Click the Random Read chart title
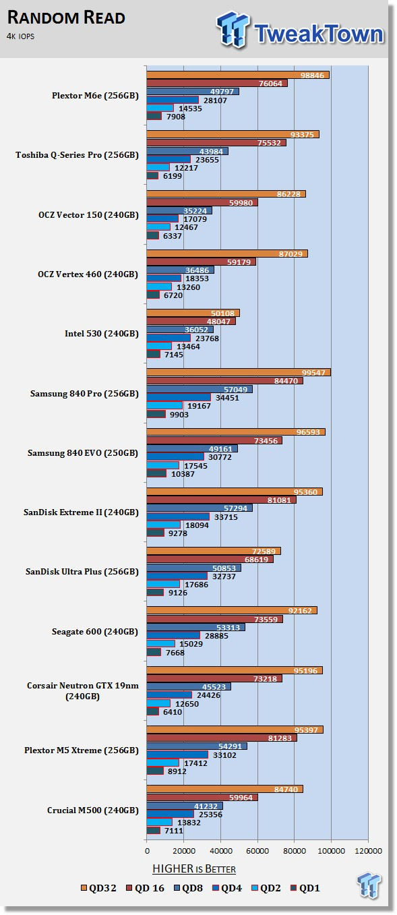pos(66,18)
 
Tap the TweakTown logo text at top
pos(319,34)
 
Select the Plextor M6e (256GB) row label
pos(95,96)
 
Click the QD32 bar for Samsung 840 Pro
pos(239,372)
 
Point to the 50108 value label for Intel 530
pos(222,314)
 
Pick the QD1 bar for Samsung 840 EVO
pos(156,473)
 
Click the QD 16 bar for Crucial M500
pos(202,798)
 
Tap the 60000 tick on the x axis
pos(257,851)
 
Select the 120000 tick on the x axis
pos(368,851)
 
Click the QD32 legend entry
pos(98,888)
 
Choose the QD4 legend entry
pos(227,888)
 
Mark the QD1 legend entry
pos(305,888)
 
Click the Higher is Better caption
pos(194,868)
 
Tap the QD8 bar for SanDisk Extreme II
pos(200,508)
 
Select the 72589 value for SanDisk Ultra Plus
pos(264,552)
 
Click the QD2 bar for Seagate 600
pos(160,643)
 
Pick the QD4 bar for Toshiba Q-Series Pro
pos(169,159)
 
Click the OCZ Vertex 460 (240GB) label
pos(88,274)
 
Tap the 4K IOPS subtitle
pos(20,36)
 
